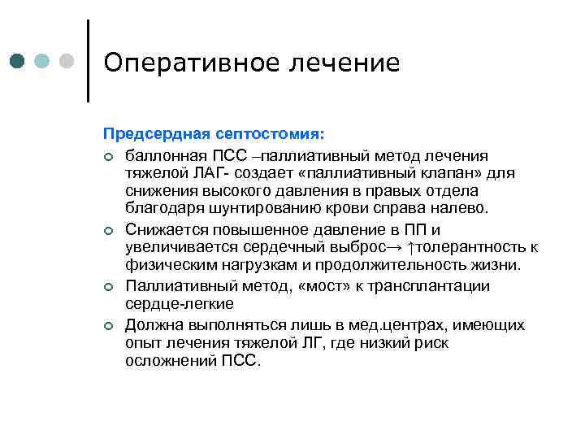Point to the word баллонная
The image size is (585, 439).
tap(163, 154)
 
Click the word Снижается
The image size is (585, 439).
tap(165, 230)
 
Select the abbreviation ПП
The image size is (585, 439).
tap(420, 230)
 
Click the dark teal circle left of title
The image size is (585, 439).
tap(18, 62)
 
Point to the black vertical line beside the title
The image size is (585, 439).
tap(88, 61)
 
